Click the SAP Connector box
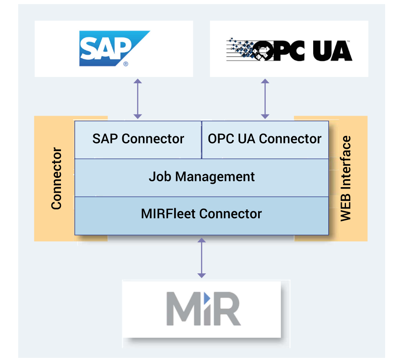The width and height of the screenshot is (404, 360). pyautogui.click(x=138, y=139)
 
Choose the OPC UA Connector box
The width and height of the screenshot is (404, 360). pyautogui.click(x=265, y=139)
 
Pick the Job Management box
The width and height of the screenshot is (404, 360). pyautogui.click(x=202, y=177)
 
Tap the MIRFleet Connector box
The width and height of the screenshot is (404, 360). pyautogui.click(x=201, y=214)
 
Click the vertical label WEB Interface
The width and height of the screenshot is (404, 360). pyautogui.click(x=346, y=178)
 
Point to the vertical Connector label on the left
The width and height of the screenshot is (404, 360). pyautogui.click(x=56, y=178)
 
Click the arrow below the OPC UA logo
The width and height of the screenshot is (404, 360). pyautogui.click(x=265, y=99)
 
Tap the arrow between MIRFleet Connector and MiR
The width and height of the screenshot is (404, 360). pyautogui.click(x=202, y=258)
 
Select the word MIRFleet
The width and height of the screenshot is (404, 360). pyautogui.click(x=169, y=214)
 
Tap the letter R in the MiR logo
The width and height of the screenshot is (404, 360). pyautogui.click(x=226, y=310)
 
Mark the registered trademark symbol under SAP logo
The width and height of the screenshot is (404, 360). pyautogui.click(x=126, y=64)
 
